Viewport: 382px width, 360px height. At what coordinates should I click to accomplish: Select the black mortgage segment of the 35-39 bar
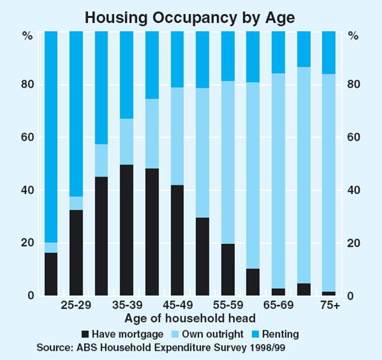[127, 230]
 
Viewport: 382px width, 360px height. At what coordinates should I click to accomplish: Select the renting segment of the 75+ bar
[329, 52]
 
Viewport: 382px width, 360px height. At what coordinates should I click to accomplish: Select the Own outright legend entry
[202, 334]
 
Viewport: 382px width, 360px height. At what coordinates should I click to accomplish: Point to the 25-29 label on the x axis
[76, 306]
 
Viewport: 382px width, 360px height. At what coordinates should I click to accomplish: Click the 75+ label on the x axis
[329, 306]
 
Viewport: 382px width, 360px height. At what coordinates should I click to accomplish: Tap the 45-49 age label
[177, 306]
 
